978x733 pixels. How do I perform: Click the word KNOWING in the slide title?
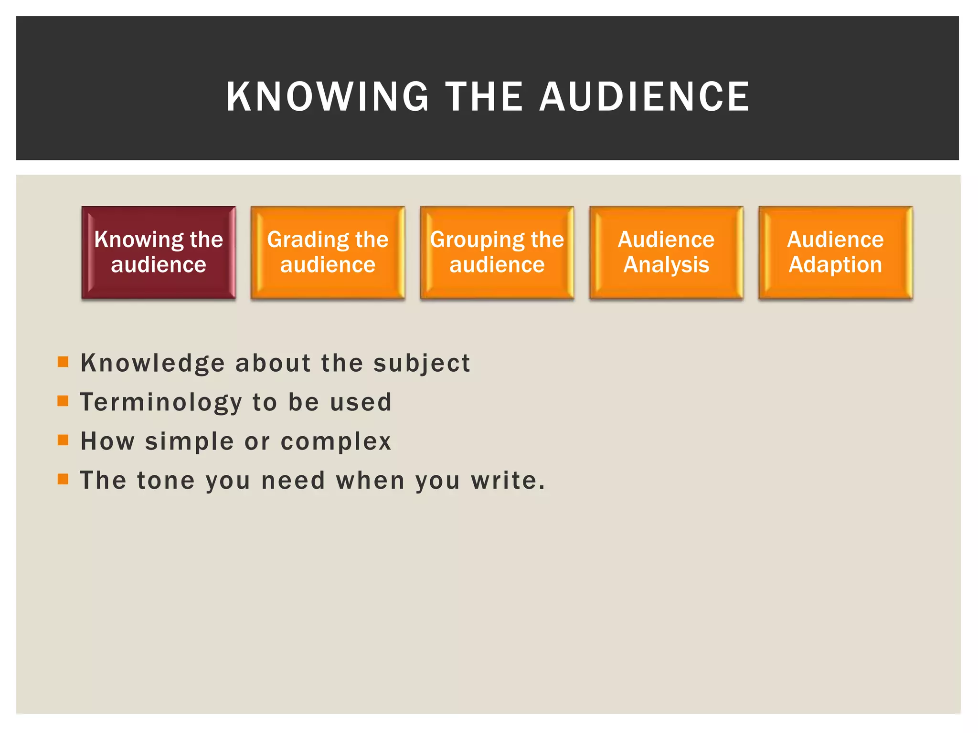point(328,97)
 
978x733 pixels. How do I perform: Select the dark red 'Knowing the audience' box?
point(159,252)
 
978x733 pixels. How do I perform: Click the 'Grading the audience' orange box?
point(328,252)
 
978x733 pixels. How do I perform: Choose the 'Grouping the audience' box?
point(497,252)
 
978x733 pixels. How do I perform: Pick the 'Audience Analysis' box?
point(666,252)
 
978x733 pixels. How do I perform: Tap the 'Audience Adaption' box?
point(835,252)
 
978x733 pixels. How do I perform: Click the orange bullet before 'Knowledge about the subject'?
point(63,362)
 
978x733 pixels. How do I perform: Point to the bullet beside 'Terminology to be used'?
point(63,401)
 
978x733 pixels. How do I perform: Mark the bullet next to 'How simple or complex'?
point(63,440)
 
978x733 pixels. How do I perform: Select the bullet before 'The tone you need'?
point(63,479)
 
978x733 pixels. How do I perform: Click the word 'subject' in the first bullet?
point(422,364)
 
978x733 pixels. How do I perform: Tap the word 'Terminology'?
point(161,403)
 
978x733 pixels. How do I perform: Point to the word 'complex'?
point(336,442)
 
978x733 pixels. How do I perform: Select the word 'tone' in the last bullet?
point(166,481)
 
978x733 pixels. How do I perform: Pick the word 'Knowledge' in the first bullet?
point(152,364)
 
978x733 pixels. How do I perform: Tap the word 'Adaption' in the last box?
point(835,265)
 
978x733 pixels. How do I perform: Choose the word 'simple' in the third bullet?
point(189,442)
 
